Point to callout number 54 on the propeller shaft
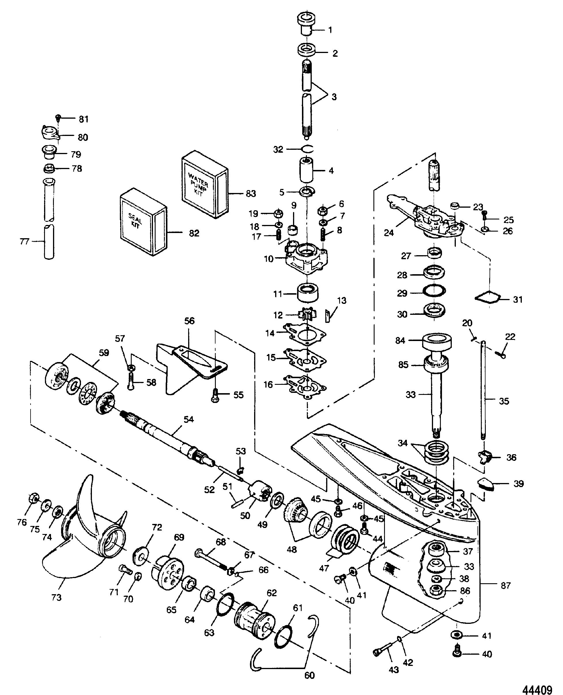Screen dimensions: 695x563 point(188,419)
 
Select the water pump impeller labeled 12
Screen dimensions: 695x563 point(305,315)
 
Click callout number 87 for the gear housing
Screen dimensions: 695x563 point(506,586)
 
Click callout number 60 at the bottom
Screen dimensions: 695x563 point(310,675)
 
